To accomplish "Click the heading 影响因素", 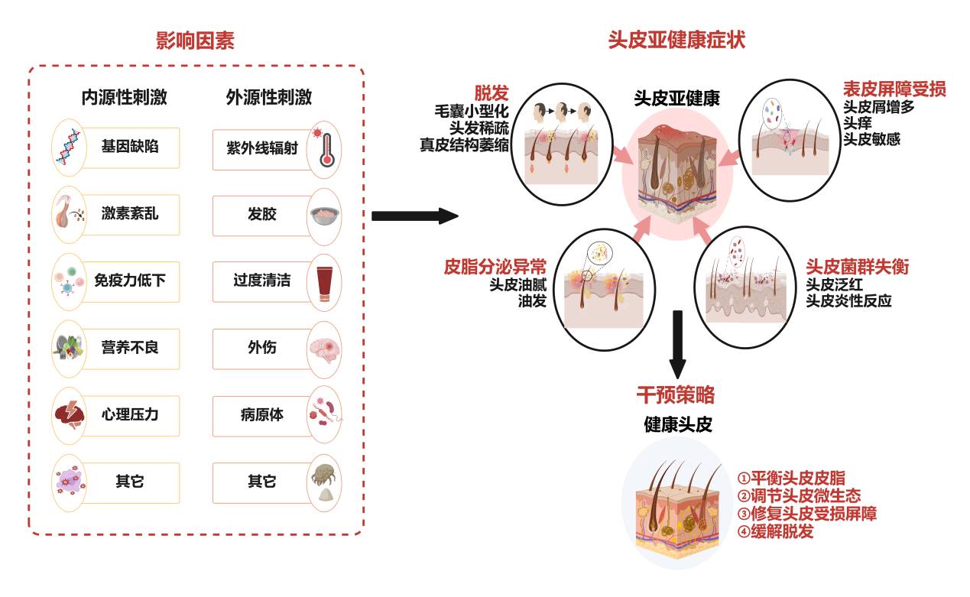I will click(195, 40).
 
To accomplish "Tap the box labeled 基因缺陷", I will click(130, 147).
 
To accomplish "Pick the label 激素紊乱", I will click(130, 213).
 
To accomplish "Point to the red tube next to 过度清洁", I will click(323, 281).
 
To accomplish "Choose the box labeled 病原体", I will click(261, 415).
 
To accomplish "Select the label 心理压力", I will click(130, 415).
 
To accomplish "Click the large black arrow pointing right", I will click(414, 216).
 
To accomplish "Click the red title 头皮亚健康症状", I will click(676, 40).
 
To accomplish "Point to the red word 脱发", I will click(491, 93).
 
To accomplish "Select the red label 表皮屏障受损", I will click(894, 89).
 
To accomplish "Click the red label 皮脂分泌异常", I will click(495, 267).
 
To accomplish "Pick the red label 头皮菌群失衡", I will click(857, 267).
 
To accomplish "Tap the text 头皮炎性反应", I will click(848, 301).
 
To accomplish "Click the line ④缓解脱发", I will click(775, 531).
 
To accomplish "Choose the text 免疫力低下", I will click(130, 281).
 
